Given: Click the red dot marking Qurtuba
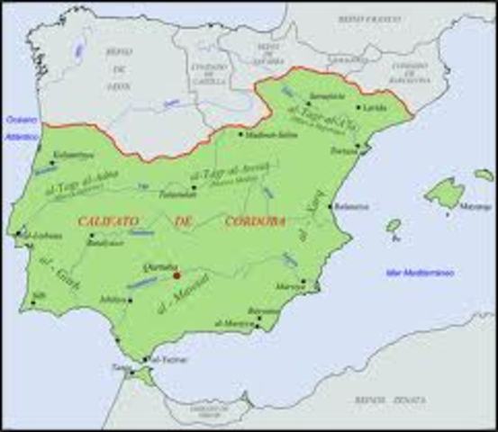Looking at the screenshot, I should [177, 274].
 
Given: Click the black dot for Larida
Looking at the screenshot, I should [359, 106].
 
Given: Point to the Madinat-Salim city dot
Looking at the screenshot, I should [240, 135].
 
